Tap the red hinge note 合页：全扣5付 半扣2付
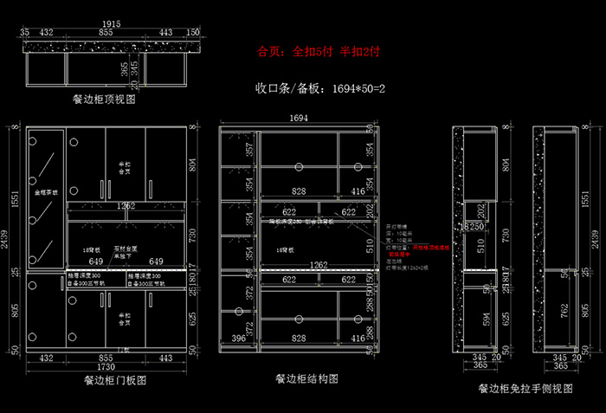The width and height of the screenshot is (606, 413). point(319,51)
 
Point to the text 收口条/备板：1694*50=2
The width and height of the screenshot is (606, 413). point(319,88)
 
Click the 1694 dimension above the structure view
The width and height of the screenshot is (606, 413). point(299,117)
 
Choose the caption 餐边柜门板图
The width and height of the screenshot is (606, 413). point(114,379)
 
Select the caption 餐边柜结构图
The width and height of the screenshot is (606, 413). point(306,378)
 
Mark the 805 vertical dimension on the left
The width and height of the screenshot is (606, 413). point(12,312)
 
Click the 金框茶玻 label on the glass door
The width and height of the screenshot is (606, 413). point(45,192)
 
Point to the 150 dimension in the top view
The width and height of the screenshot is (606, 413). point(192,32)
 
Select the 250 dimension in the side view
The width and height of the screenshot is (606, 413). point(477,227)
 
